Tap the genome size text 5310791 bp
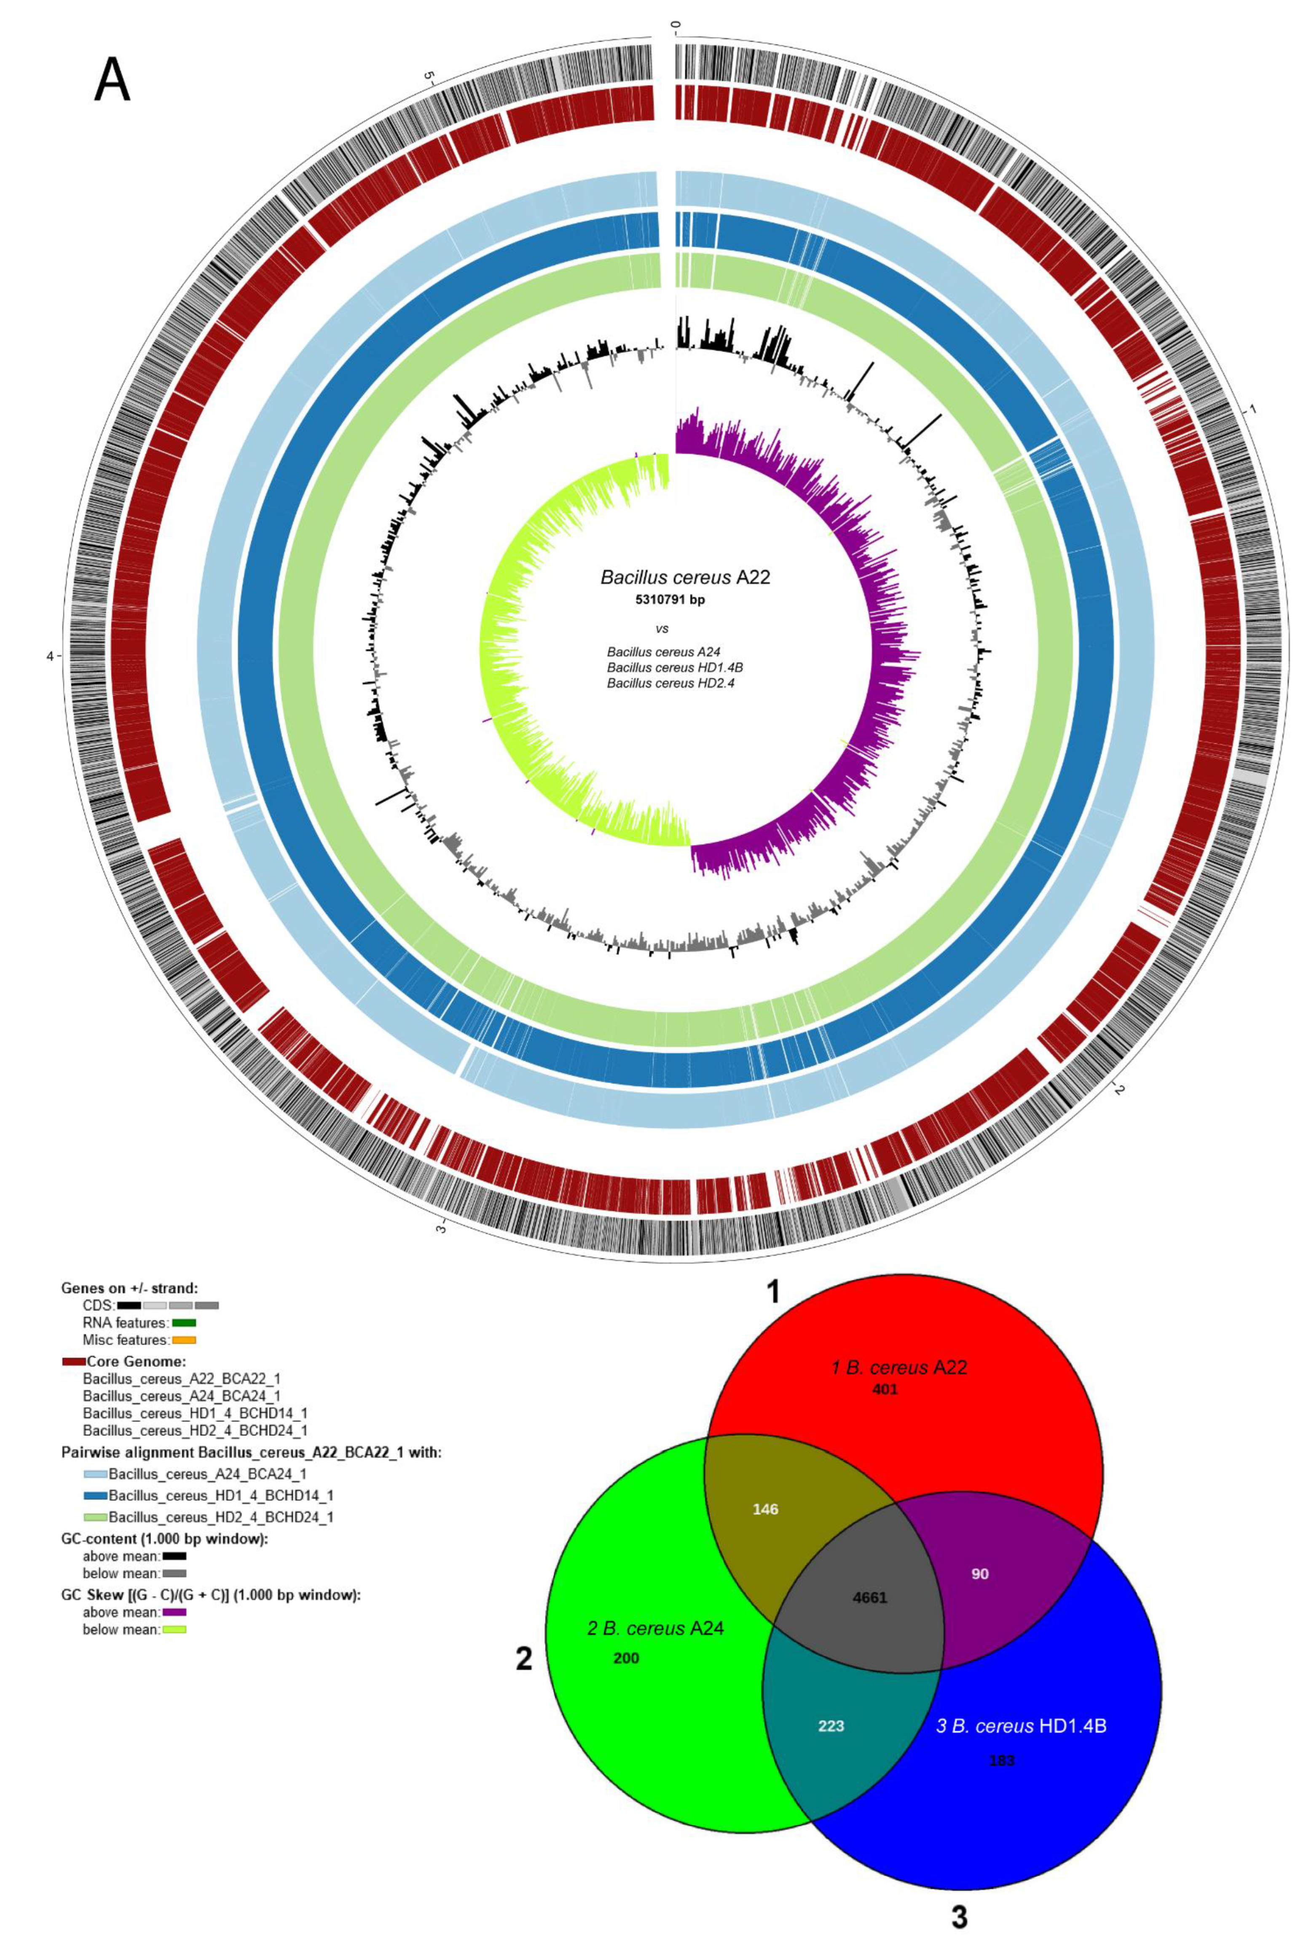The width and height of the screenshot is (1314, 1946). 669,600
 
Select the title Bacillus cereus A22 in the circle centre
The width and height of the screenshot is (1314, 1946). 684,577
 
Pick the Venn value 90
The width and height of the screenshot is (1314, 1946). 980,1573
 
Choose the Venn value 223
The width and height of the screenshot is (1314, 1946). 831,1726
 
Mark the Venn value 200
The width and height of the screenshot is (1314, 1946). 625,1658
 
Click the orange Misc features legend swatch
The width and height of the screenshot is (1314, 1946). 183,1340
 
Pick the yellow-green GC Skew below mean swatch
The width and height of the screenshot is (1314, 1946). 173,1630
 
